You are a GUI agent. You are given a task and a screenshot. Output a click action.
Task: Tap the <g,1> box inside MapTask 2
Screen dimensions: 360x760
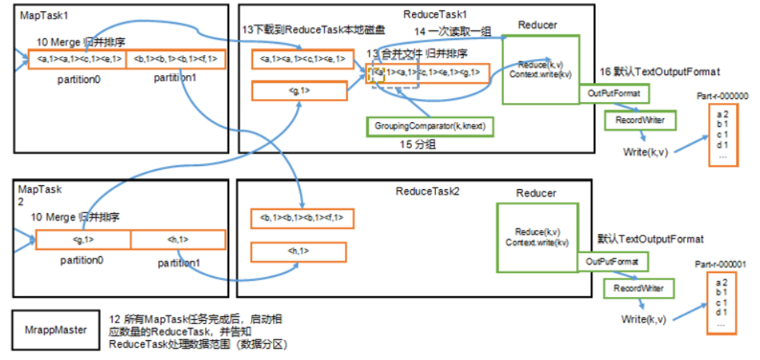(x=83, y=239)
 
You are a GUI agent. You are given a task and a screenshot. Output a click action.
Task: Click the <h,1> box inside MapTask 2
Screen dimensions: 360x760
(x=178, y=239)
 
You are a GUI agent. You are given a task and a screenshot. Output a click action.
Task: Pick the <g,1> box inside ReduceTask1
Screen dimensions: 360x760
(x=299, y=91)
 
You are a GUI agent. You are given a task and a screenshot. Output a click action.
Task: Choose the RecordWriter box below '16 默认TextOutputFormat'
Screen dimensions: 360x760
(x=639, y=121)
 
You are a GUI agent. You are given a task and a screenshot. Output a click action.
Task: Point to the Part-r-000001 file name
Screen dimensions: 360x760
(x=722, y=264)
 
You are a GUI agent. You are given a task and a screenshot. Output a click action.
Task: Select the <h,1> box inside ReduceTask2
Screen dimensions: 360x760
(x=299, y=251)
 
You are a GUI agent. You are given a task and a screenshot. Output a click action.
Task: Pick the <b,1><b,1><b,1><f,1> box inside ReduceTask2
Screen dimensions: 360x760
(x=299, y=217)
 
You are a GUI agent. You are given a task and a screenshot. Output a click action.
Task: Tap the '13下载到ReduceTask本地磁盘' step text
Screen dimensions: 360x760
(x=302, y=30)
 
